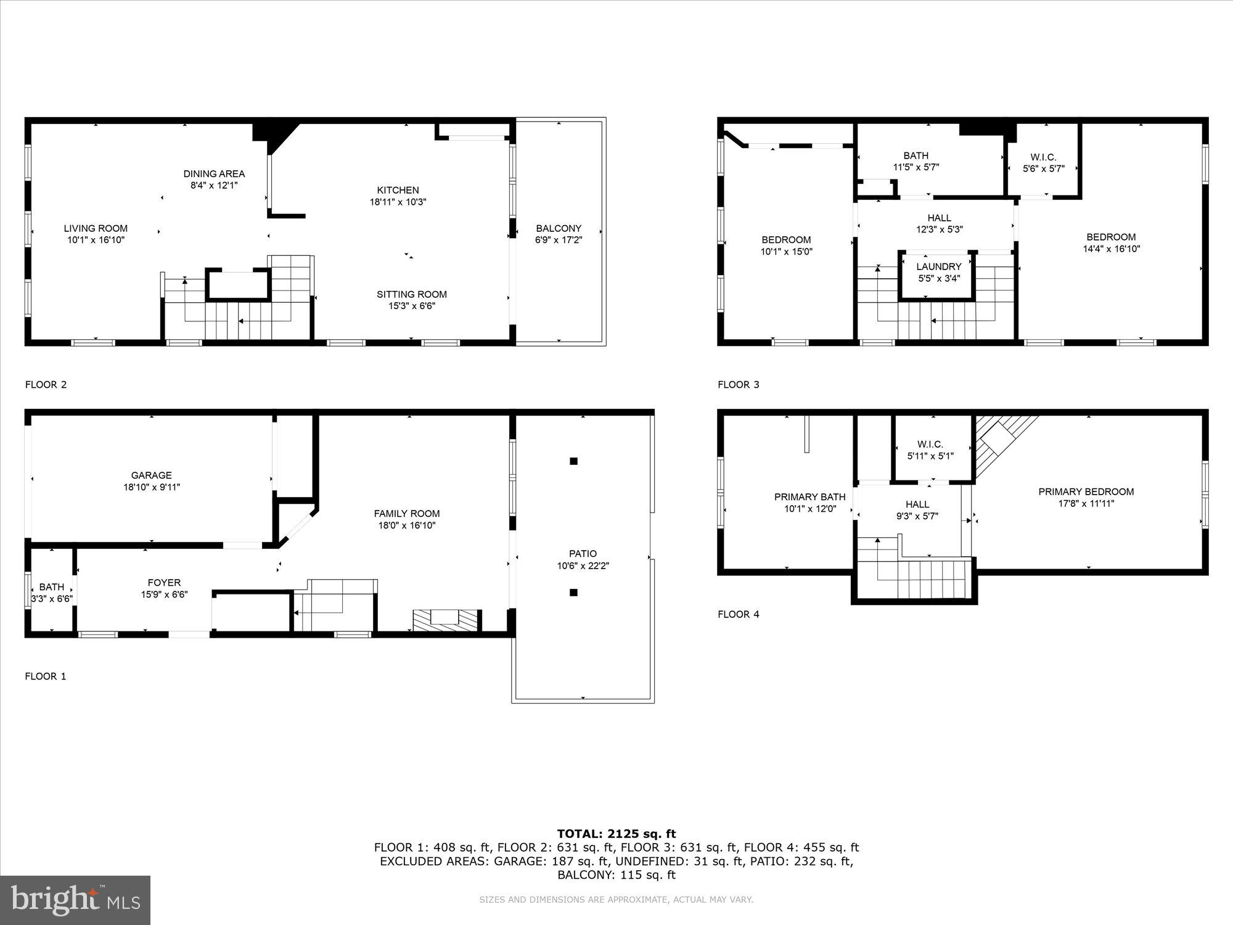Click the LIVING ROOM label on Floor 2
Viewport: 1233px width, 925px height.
[96, 228]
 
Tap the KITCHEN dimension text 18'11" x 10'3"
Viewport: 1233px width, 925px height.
[398, 202]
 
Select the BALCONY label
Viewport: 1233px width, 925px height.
[559, 228]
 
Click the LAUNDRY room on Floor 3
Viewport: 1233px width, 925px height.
[938, 272]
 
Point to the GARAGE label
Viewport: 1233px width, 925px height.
[151, 475]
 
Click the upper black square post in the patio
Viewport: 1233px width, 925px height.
[573, 461]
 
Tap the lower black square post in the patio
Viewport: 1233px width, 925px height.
[573, 593]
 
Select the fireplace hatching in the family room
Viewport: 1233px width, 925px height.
[446, 619]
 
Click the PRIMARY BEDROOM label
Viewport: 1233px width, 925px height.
[1086, 491]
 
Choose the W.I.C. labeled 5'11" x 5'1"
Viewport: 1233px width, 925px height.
[930, 450]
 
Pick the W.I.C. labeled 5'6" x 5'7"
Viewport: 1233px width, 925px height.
[1043, 163]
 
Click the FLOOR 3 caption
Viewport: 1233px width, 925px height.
[738, 384]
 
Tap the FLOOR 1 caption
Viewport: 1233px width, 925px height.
[45, 676]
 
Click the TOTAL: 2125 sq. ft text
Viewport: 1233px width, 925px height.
[616, 834]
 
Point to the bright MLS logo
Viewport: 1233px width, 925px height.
[75, 900]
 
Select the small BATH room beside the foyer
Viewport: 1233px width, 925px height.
[51, 592]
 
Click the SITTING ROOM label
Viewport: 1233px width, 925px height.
[411, 294]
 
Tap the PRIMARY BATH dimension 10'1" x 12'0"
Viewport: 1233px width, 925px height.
[809, 509]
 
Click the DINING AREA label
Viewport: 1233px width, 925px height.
[214, 174]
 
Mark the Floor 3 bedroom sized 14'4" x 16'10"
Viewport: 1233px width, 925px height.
[1111, 243]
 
